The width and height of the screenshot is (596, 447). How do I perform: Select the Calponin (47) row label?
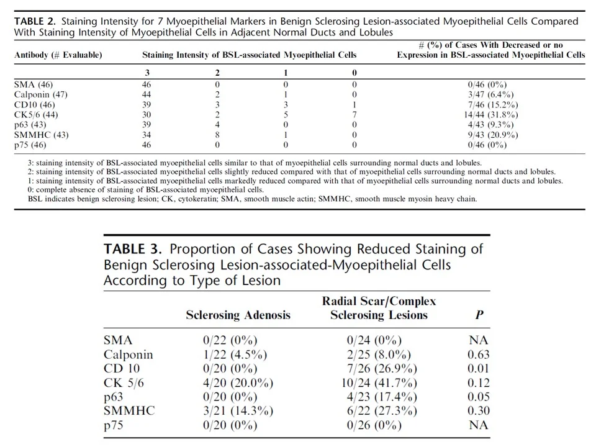40,94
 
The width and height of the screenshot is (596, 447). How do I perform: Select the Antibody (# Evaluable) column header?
58,55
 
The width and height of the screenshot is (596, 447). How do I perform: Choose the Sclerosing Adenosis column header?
238,315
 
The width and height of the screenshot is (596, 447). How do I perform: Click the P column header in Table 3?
479,315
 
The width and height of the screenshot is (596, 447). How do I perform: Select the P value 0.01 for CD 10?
479,369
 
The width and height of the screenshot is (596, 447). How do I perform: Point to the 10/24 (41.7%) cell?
379,383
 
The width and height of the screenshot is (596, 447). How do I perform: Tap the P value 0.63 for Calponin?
479,354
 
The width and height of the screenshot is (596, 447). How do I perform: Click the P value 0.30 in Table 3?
479,411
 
